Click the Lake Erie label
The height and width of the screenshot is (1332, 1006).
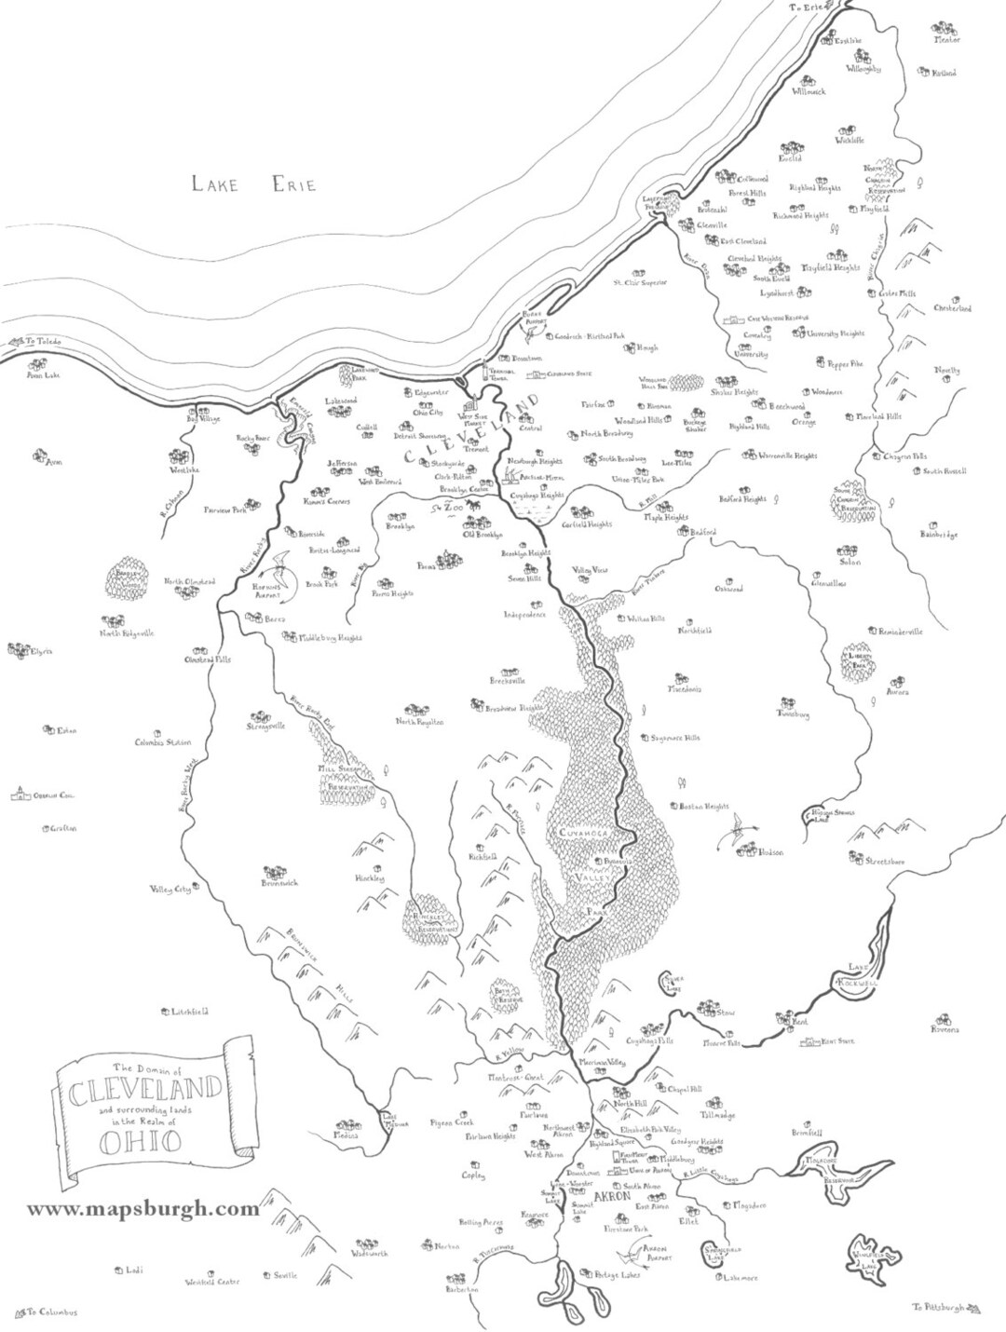pyautogui.click(x=253, y=183)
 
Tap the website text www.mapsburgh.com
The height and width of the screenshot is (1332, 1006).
pyautogui.click(x=143, y=1209)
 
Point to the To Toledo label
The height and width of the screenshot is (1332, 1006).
pyautogui.click(x=43, y=342)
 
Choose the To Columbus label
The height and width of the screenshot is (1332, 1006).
pyautogui.click(x=52, y=1312)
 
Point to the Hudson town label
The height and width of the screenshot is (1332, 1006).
pyautogui.click(x=771, y=852)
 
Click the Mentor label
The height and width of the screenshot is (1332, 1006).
pyautogui.click(x=946, y=40)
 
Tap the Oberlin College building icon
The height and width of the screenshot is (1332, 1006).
pyautogui.click(x=17, y=795)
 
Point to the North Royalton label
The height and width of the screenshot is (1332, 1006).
pyautogui.click(x=419, y=722)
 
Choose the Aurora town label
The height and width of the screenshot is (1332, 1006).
pyautogui.click(x=898, y=693)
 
